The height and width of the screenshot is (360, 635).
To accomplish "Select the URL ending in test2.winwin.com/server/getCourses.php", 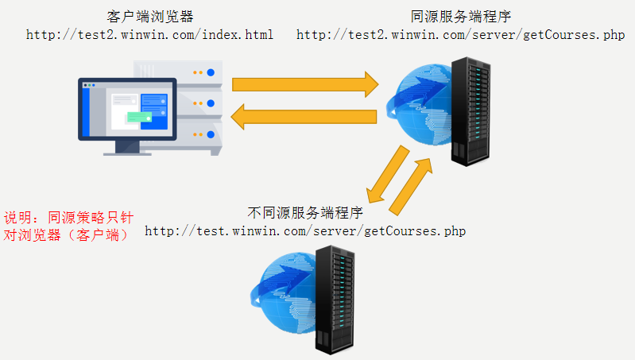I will (460, 35).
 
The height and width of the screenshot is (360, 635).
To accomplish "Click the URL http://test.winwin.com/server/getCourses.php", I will (305, 231).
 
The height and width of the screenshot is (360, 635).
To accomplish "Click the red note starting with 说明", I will (67, 226).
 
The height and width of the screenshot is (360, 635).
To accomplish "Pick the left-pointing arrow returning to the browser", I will (304, 117).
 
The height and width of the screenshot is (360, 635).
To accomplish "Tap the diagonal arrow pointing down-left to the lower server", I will (387, 176).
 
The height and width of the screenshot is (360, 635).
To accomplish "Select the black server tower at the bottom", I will (335, 300).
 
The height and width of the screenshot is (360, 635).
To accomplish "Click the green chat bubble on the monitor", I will (139, 117).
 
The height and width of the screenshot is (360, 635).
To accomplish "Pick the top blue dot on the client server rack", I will (211, 73).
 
